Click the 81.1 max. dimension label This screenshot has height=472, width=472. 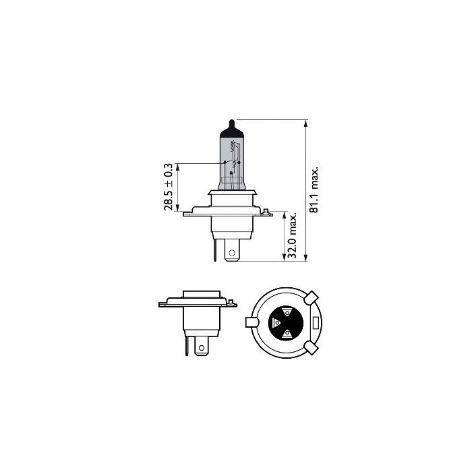pos(314,189)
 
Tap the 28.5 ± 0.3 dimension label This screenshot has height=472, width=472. pos(169,187)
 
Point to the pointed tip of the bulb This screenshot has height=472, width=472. pos(231,120)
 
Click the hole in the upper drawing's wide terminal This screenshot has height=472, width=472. pos(232,255)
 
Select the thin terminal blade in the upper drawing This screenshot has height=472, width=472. pos(216,252)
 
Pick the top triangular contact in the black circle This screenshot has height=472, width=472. pos(287,312)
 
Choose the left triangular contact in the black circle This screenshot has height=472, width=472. pos(274,323)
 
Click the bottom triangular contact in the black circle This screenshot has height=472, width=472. pos(287,334)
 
